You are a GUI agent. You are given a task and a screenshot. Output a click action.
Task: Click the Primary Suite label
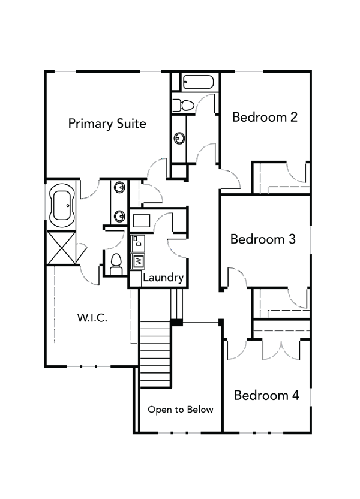107,124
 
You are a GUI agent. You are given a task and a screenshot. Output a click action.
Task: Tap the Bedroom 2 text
265,117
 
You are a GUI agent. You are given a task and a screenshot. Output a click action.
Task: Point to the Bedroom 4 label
266,395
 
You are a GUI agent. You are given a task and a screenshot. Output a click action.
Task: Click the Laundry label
163,278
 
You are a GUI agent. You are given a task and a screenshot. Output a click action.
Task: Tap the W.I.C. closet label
92,318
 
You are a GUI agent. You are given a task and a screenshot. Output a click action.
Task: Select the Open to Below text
181,410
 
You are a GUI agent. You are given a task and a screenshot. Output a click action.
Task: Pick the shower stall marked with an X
62,247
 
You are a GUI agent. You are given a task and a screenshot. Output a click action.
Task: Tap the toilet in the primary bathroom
116,263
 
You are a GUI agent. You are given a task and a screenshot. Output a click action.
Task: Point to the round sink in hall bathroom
179,139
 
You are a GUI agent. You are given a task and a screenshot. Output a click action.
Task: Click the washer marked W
138,261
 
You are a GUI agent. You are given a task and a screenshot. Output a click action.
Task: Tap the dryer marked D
138,242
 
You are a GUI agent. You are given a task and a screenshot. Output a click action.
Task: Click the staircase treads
155,354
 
